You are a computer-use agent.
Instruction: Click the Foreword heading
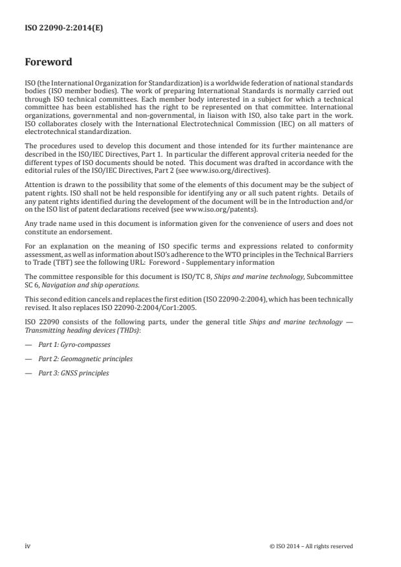(x=48, y=63)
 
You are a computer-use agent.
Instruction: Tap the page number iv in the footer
(x=27, y=546)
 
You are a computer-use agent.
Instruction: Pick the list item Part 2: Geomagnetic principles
(x=77, y=359)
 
